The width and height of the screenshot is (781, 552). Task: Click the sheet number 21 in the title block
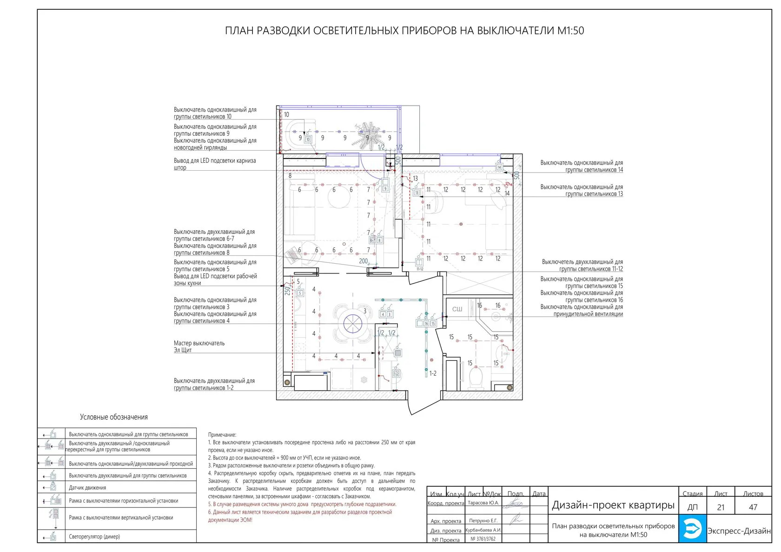[x=721, y=507]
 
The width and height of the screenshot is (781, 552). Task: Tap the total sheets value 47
[x=753, y=507]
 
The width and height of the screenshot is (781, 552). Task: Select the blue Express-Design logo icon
[x=692, y=529]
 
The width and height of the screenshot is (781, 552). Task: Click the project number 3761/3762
[x=483, y=539]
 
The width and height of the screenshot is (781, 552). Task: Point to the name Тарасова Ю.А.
[x=483, y=503]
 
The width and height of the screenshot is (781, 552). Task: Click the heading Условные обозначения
[x=113, y=417]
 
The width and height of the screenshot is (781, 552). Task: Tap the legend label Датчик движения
[x=87, y=488]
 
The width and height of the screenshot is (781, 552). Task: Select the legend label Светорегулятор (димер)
[x=94, y=537]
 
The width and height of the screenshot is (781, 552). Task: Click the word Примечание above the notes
[x=222, y=434]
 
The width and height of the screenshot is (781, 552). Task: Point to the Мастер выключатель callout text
[x=199, y=343]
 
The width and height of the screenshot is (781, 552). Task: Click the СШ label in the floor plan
[x=457, y=309]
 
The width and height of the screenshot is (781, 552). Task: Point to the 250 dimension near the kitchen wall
[x=287, y=291]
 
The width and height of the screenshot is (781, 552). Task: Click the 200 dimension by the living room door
[x=364, y=261]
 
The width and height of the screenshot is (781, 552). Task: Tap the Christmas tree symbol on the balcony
[x=367, y=135]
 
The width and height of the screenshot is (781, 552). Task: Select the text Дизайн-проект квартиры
[x=613, y=505]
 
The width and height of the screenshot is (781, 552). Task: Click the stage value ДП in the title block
[x=692, y=507]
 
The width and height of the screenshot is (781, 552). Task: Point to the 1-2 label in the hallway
[x=433, y=373]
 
